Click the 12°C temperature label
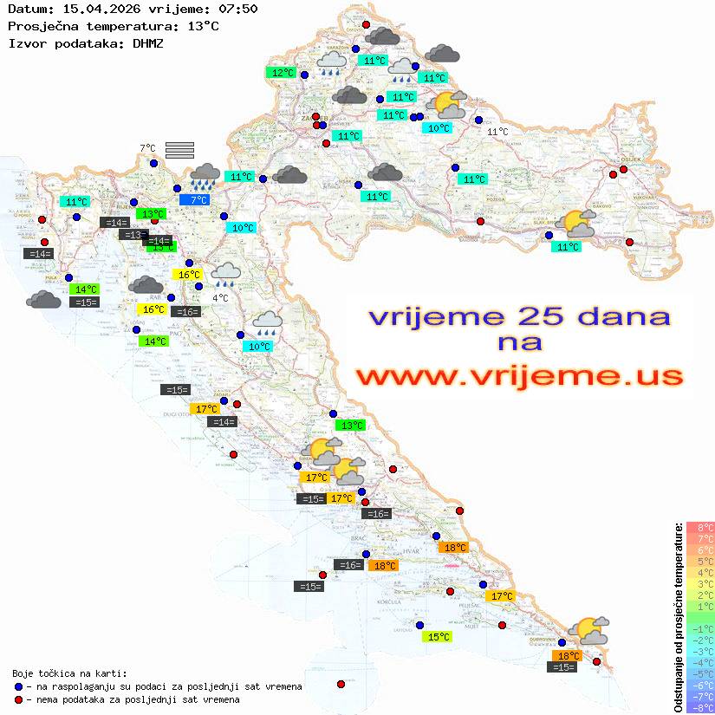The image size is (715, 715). click(x=283, y=73)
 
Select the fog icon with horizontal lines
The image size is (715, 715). click(x=179, y=149)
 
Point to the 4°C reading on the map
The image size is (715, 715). click(x=220, y=297)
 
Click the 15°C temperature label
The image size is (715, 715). click(x=438, y=637)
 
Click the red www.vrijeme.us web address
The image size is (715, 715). click(x=519, y=376)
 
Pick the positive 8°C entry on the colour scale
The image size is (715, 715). click(x=700, y=527)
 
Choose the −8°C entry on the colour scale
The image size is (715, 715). click(x=700, y=707)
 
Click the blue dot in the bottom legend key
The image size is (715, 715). click(x=19, y=686)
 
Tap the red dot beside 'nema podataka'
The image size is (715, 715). click(x=19, y=699)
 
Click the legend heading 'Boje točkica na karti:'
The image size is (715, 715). click(x=69, y=673)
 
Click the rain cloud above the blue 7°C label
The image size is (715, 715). click(x=205, y=176)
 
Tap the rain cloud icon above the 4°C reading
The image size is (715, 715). click(x=226, y=274)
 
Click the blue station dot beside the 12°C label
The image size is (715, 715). click(x=303, y=75)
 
